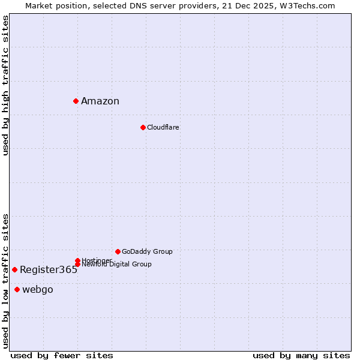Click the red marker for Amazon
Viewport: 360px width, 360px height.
pyautogui.click(x=76, y=101)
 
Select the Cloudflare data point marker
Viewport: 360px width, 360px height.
pyautogui.click(x=143, y=127)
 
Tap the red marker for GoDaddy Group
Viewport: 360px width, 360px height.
pyautogui.click(x=118, y=251)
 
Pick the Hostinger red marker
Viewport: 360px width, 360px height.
pyautogui.click(x=77, y=260)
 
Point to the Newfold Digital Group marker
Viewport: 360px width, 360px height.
pyautogui.click(x=77, y=264)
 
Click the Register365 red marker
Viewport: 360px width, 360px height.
pyautogui.click(x=14, y=269)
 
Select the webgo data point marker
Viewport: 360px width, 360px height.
pyautogui.click(x=17, y=290)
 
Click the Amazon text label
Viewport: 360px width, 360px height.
pyautogui.click(x=100, y=101)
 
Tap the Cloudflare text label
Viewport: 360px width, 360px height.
pyautogui.click(x=163, y=127)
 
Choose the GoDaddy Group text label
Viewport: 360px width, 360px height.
pyautogui.click(x=147, y=251)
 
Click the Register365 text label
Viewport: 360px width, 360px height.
pyautogui.click(x=49, y=270)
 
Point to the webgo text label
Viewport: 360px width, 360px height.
pyautogui.click(x=38, y=290)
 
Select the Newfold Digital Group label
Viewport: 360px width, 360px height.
pyautogui.click(x=116, y=265)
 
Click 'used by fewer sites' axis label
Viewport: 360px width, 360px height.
pyautogui.click(x=62, y=355)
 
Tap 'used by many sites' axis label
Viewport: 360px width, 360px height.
pyautogui.click(x=301, y=355)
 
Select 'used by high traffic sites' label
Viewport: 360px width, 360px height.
pyautogui.click(x=5, y=85)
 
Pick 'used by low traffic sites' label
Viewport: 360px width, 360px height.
pyautogui.click(x=5, y=281)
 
